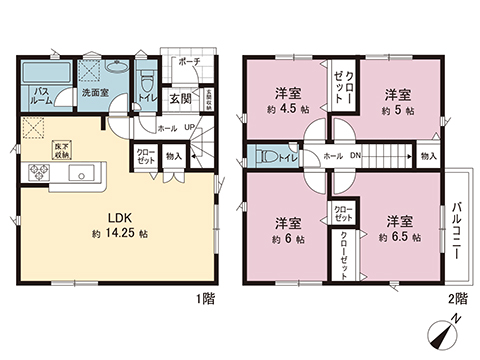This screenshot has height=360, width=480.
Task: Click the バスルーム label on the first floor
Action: coord(40,95)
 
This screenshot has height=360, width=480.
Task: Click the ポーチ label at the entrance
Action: coord(190,62)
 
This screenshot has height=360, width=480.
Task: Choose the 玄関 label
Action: coord(180,98)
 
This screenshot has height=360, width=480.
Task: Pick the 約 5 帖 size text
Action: coord(397,109)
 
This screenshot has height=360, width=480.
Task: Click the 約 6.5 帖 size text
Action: coord(397,238)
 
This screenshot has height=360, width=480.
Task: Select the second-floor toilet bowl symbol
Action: coord(266,156)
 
